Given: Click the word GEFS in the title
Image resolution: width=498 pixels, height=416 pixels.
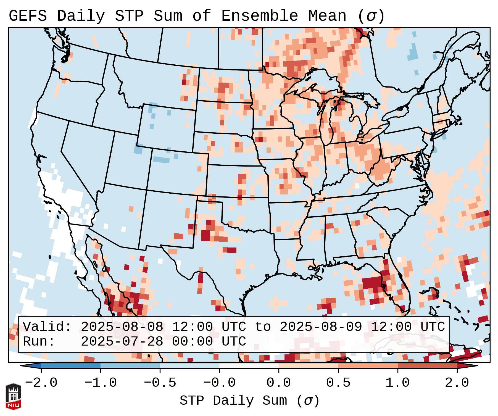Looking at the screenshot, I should pyautogui.click(x=28, y=16).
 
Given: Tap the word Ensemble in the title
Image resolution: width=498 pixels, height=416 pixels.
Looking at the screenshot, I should pyautogui.click(x=259, y=16).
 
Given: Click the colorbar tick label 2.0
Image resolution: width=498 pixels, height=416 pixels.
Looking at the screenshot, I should pyautogui.click(x=457, y=383).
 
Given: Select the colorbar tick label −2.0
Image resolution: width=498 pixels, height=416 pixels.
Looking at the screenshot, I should pyautogui.click(x=41, y=383).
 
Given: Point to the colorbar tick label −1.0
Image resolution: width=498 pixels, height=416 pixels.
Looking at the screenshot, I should pyautogui.click(x=101, y=383).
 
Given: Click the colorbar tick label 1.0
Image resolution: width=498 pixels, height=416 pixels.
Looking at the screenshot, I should pyautogui.click(x=397, y=383).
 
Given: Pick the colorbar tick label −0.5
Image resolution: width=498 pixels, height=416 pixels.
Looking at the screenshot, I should pyautogui.click(x=160, y=383).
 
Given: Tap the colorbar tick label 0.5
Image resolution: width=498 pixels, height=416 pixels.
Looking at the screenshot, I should pyautogui.click(x=338, y=383).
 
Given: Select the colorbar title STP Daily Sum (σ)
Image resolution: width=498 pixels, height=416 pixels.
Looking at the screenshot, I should pyautogui.click(x=249, y=401).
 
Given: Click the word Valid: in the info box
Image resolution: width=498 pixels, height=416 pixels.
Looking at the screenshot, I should pyautogui.click(x=47, y=327).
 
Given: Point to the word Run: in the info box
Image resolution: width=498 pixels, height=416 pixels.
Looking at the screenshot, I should pyautogui.click(x=39, y=341).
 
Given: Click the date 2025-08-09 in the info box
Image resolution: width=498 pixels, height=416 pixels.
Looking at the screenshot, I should pyautogui.click(x=321, y=327).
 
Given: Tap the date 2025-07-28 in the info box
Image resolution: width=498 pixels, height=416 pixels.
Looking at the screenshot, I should pyautogui.click(x=122, y=341).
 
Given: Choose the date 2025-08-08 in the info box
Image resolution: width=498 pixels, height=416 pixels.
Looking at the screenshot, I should pyautogui.click(x=122, y=327).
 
